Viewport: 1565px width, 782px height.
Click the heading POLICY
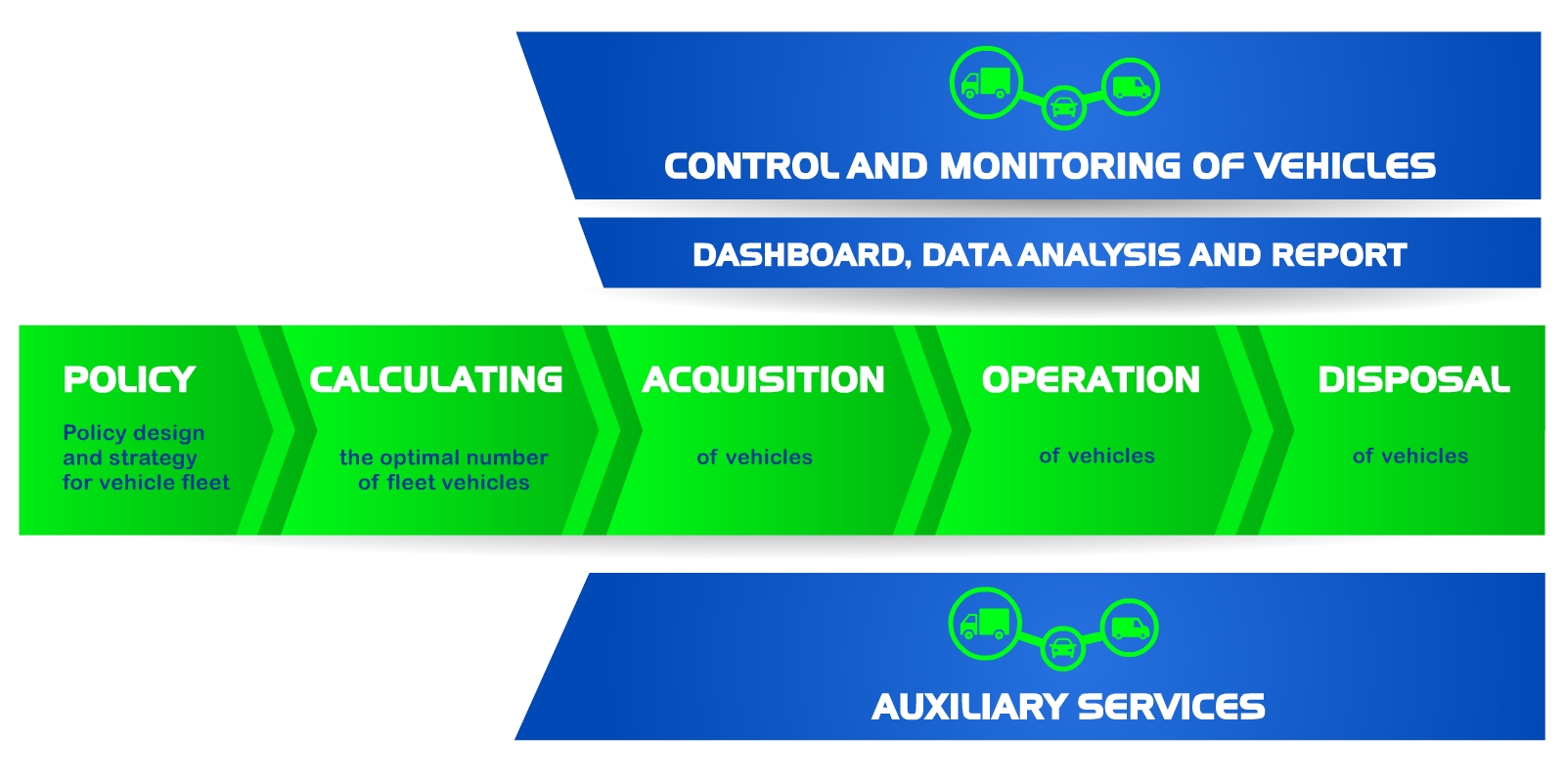(x=129, y=379)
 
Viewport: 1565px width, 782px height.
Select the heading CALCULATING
(x=436, y=379)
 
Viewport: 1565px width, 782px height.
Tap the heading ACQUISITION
(x=763, y=379)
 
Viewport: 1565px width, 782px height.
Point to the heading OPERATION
(x=1091, y=379)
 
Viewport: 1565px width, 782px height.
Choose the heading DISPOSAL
(x=1413, y=379)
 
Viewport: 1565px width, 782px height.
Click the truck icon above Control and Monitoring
(x=986, y=83)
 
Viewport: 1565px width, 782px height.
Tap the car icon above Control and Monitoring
(x=1064, y=107)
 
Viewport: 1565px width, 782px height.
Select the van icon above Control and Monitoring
(x=1131, y=87)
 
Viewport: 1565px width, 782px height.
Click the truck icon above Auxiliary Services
(x=985, y=624)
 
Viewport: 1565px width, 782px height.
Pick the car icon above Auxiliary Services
(x=1062, y=647)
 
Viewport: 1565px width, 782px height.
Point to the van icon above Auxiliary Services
(x=1130, y=628)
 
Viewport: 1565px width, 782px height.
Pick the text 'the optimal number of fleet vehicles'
(x=443, y=469)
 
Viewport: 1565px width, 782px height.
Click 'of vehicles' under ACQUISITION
(x=754, y=456)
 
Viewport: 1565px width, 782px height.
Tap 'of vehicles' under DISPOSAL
(x=1409, y=456)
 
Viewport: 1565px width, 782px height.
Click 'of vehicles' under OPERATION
(x=1096, y=456)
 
